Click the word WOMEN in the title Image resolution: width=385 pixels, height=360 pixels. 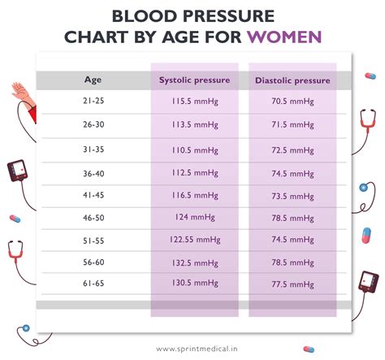tap(284, 37)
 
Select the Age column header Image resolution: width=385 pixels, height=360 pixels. tap(93, 80)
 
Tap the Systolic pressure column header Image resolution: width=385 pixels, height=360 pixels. tap(194, 80)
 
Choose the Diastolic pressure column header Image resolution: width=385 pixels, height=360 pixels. tap(292, 80)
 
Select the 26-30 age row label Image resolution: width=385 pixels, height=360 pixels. tap(93, 127)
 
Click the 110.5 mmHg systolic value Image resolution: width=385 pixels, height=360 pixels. tap(194, 151)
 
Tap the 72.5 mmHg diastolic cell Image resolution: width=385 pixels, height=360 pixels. tap(292, 151)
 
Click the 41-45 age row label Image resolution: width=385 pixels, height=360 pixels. tap(93, 196)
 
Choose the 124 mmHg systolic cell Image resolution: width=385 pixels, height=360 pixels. tap(194, 218)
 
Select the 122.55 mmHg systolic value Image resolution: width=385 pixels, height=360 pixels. tap(194, 241)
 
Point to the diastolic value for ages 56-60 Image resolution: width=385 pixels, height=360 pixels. tap(292, 263)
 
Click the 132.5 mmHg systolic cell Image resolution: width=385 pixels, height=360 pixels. tap(194, 263)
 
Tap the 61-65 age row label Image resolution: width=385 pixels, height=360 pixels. tap(93, 285)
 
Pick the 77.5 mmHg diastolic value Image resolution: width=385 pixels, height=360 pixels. tap(292, 285)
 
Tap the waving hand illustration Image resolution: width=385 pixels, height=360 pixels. tap(23, 96)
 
